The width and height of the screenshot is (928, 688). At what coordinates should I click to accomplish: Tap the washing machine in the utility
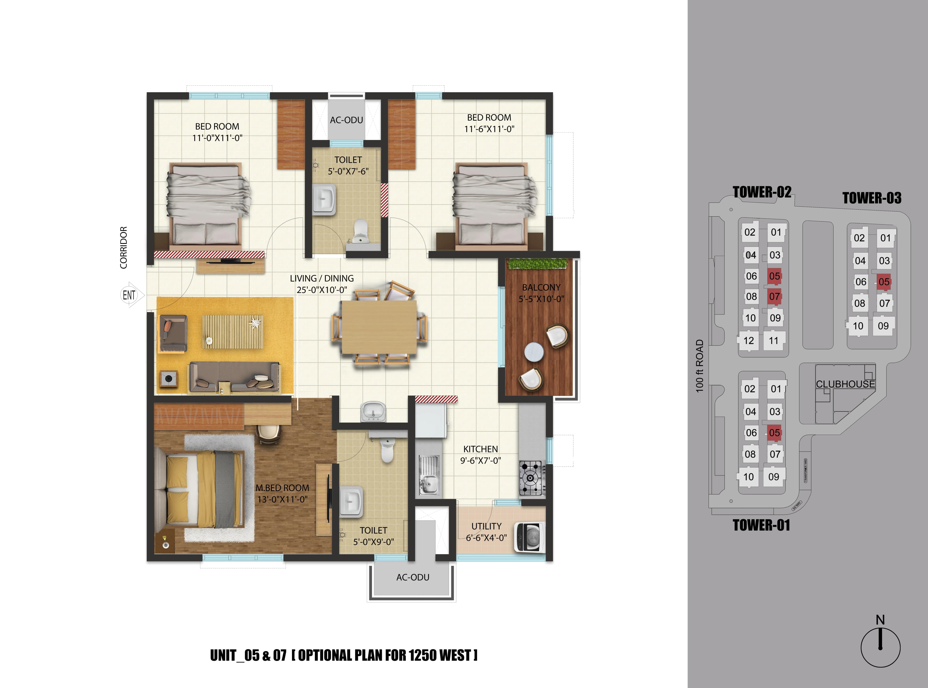pyautogui.click(x=529, y=537)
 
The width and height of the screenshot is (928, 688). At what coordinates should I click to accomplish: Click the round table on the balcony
pyautogui.click(x=534, y=352)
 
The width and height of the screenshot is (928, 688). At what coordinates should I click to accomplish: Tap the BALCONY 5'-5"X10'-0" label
pyautogui.click(x=541, y=293)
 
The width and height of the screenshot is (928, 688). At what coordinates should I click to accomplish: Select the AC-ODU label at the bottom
pyautogui.click(x=413, y=577)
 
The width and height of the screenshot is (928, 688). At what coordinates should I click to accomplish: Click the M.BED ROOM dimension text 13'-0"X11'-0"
pyautogui.click(x=282, y=499)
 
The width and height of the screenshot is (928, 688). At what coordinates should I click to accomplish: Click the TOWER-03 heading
pyautogui.click(x=872, y=198)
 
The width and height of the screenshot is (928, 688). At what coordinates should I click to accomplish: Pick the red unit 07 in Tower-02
pyautogui.click(x=774, y=297)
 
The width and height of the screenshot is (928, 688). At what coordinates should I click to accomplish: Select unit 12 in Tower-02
pyautogui.click(x=748, y=341)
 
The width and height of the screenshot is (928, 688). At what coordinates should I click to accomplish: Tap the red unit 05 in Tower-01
pyautogui.click(x=774, y=433)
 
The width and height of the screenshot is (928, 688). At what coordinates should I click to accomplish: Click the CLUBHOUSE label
pyautogui.click(x=845, y=384)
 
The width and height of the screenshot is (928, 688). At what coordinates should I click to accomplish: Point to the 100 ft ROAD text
pyautogui.click(x=699, y=366)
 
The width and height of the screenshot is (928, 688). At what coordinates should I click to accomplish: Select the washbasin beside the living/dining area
pyautogui.click(x=373, y=411)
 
